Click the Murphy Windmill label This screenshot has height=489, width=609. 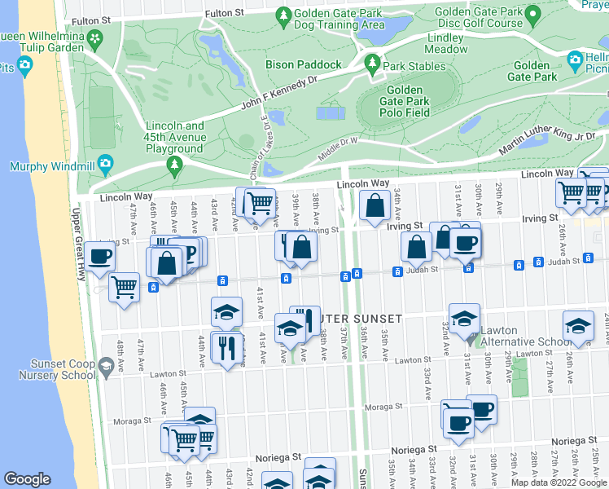click(x=50, y=166)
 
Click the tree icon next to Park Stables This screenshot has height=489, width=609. click(x=373, y=62)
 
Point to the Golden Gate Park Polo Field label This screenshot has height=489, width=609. click(x=405, y=101)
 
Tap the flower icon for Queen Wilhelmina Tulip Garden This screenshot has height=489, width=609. click(x=96, y=38)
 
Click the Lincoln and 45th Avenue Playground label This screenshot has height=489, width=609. click(x=174, y=138)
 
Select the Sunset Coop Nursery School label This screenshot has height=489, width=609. click(x=51, y=369)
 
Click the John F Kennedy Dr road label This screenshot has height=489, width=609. click(x=278, y=94)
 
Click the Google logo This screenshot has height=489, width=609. click(x=28, y=479)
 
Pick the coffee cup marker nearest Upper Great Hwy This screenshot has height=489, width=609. click(x=100, y=255)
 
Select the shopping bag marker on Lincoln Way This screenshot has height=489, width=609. click(x=375, y=207)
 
